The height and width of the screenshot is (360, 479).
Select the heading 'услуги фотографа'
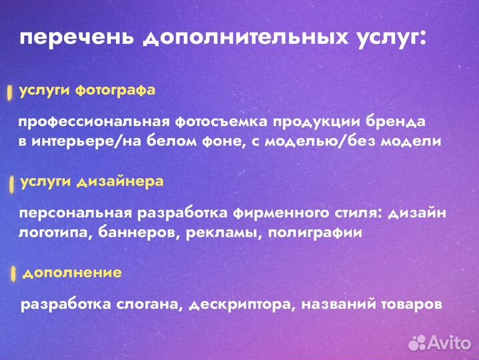point(87,90)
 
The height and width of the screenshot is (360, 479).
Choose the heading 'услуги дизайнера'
point(92,181)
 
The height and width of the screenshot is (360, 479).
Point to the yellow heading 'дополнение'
point(72,272)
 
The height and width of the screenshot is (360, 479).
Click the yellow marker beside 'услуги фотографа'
point(9,93)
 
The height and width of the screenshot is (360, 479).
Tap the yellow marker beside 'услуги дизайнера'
point(11,185)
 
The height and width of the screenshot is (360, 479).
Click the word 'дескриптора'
point(241,305)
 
